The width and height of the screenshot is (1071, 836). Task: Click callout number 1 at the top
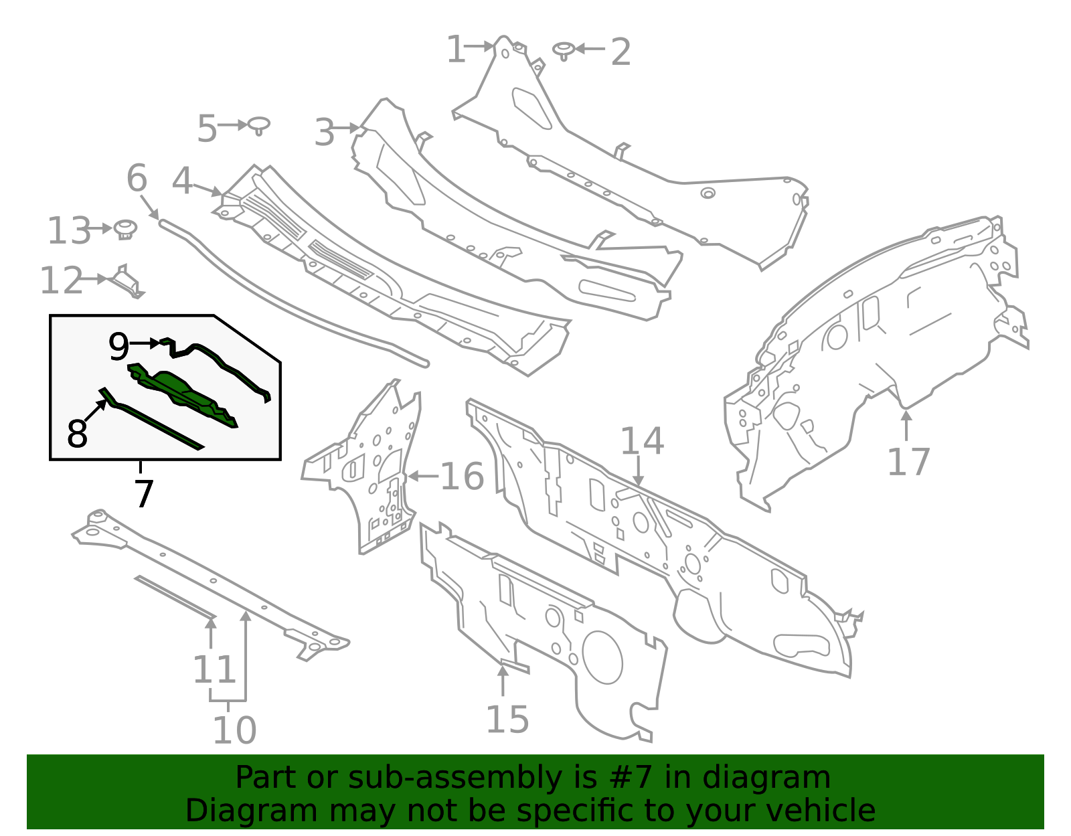(x=456, y=50)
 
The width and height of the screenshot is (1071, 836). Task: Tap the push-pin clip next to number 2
(x=564, y=50)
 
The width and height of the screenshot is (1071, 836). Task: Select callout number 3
(x=325, y=132)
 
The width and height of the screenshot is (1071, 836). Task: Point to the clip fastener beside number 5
(x=258, y=125)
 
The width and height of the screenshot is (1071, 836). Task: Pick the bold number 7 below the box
(x=144, y=494)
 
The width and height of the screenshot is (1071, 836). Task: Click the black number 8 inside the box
(x=78, y=434)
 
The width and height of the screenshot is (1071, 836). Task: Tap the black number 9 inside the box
(x=118, y=347)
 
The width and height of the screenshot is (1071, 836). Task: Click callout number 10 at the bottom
(x=234, y=730)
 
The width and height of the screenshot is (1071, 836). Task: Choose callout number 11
(x=215, y=669)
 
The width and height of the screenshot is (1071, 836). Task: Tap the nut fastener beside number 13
(x=124, y=229)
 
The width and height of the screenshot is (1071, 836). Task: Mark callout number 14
(x=642, y=441)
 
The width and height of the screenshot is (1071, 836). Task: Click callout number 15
(x=507, y=720)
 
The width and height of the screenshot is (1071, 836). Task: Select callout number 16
(x=462, y=477)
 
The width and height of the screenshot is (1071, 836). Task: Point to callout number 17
(x=908, y=462)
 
